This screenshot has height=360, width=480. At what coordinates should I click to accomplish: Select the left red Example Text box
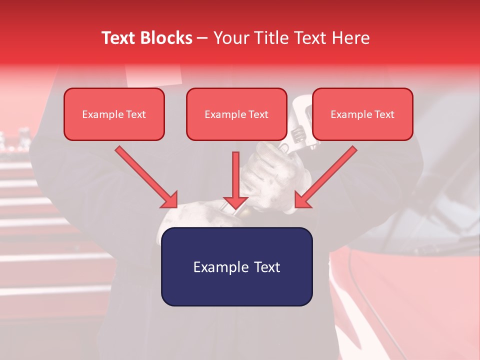[x=114, y=114]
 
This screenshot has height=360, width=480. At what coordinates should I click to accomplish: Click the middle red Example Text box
[x=236, y=114]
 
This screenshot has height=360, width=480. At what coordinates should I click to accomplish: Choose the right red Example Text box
[x=362, y=114]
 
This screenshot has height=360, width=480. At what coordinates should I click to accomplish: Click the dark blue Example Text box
[x=236, y=267]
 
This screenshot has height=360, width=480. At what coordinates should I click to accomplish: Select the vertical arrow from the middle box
[x=235, y=175]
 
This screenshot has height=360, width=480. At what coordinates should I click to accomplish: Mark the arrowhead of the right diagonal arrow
[x=303, y=199]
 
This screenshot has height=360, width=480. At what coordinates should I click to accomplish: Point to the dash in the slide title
[x=202, y=38]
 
